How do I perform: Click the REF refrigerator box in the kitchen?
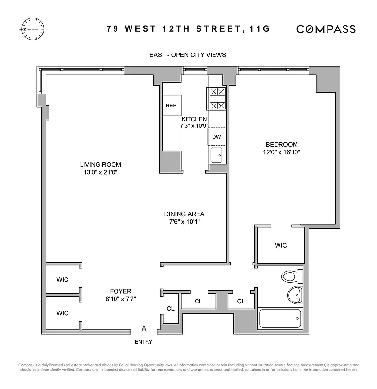click(171, 106)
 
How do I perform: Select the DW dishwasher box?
click(216, 137)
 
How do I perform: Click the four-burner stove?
click(216, 98)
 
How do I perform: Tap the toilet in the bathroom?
click(290, 277)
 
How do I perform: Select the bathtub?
click(280, 318)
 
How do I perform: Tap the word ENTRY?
click(144, 342)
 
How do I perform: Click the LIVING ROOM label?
click(100, 164)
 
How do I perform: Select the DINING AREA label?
click(184, 214)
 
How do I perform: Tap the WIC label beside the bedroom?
click(280, 245)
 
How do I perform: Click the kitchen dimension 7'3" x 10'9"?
click(194, 126)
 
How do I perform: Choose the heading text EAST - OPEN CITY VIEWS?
click(187, 55)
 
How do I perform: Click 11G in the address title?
click(258, 29)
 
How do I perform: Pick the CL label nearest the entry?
click(170, 308)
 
